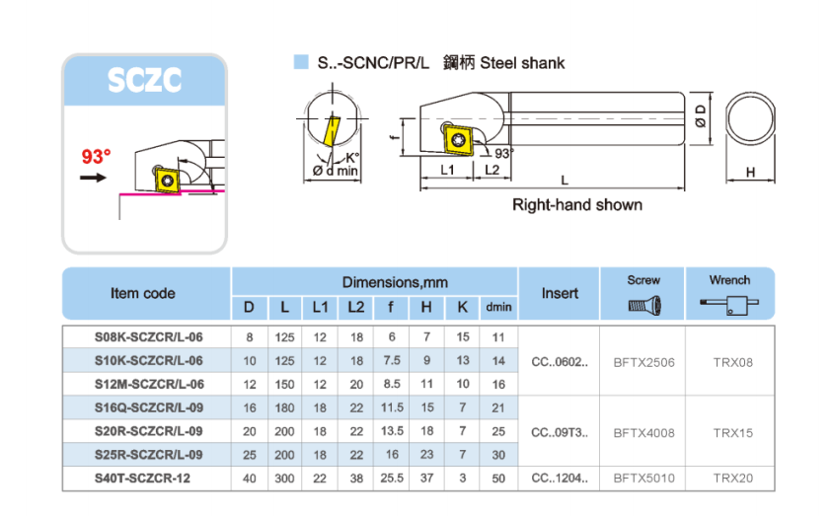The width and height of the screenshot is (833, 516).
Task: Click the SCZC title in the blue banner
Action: [x=144, y=80]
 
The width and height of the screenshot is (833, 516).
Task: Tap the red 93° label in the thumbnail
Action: [x=96, y=157]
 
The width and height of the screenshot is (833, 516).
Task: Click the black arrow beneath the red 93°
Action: [x=94, y=178]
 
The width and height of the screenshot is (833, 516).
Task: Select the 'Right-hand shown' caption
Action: [x=576, y=205]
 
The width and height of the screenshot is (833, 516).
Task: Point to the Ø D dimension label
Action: [x=700, y=115]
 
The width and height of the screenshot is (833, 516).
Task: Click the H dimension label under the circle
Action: [x=750, y=172]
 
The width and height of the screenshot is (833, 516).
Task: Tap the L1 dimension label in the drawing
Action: [x=446, y=170]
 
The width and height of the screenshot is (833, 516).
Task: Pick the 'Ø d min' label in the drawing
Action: [x=336, y=171]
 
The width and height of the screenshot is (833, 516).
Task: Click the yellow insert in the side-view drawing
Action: [x=457, y=138]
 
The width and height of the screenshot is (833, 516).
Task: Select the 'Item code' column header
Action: [x=143, y=293]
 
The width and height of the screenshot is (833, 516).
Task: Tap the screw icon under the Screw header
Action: [x=644, y=305]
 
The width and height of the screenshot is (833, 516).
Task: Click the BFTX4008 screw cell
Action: [x=644, y=432]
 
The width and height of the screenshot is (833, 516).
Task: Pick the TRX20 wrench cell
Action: [x=732, y=479]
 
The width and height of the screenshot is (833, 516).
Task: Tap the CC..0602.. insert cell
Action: [x=560, y=362]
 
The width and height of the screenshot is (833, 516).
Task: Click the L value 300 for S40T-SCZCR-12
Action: [x=284, y=479]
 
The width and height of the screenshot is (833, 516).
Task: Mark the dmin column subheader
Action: [x=498, y=308]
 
